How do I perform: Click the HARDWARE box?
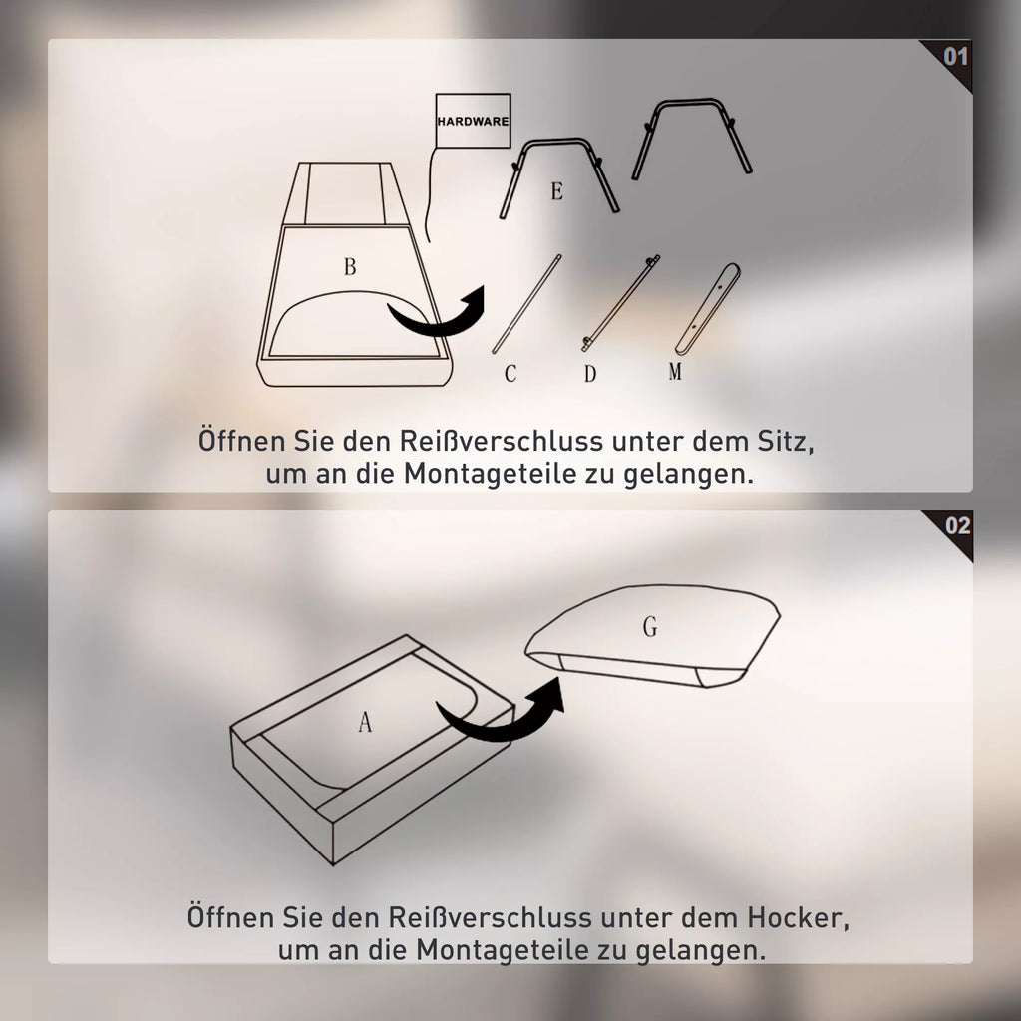(x=473, y=121)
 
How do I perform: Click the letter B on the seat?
(x=350, y=266)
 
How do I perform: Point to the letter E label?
(x=556, y=191)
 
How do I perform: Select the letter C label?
(x=510, y=373)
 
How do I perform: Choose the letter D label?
(x=590, y=374)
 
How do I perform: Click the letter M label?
(x=675, y=371)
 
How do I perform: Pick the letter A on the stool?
(x=365, y=722)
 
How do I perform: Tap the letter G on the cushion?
(x=650, y=626)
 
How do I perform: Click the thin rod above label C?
(x=526, y=304)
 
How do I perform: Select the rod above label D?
(x=620, y=303)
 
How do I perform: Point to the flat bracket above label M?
(x=707, y=309)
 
